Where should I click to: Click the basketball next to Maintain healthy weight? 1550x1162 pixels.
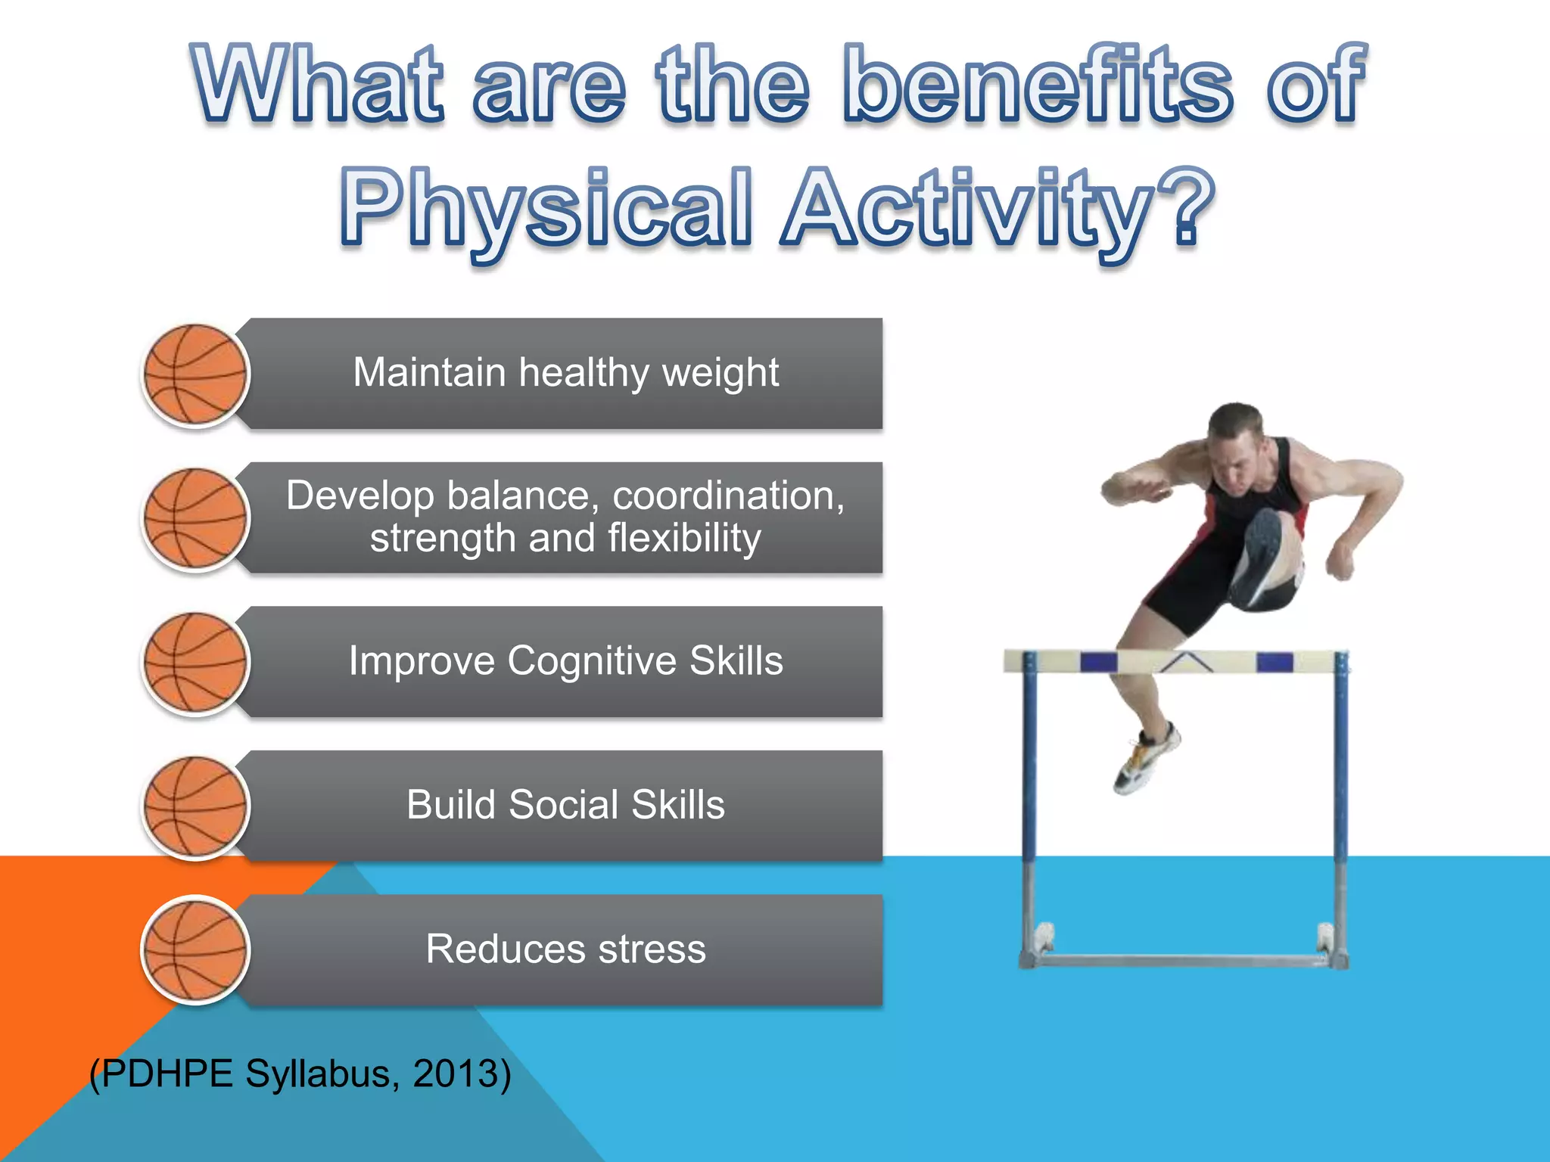click(x=196, y=374)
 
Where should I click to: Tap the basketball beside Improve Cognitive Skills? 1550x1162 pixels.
click(x=196, y=663)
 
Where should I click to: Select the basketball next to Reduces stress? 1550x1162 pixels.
click(x=196, y=950)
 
